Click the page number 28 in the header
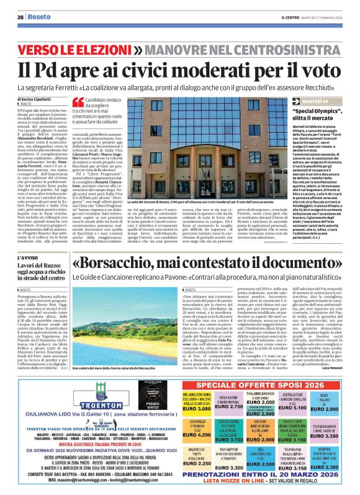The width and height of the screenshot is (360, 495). pyautogui.click(x=20, y=17)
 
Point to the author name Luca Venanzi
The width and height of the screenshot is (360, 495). pyautogui.click(x=329, y=351)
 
